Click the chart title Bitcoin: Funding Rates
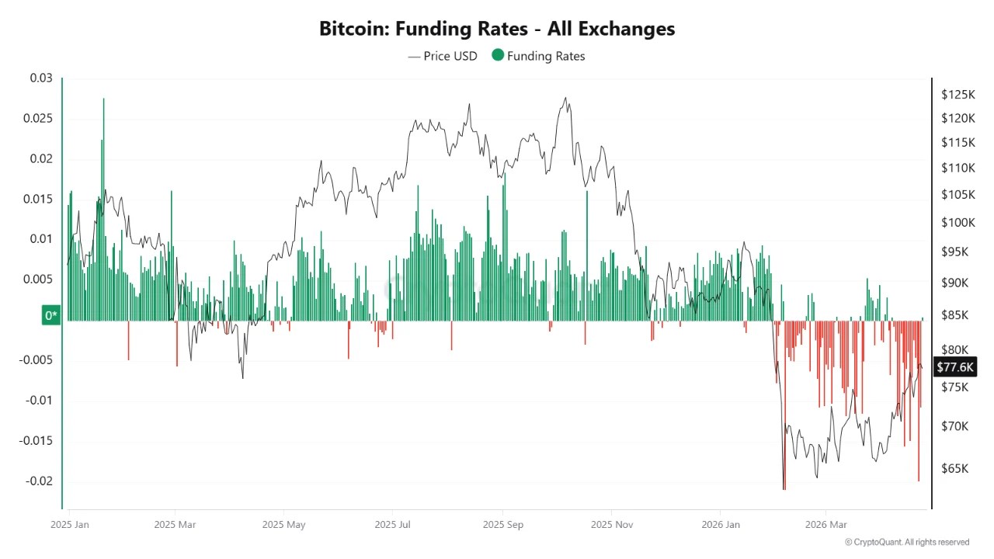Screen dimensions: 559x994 pyautogui.click(x=497, y=29)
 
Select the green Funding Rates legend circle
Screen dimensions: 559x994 pyautogui.click(x=498, y=56)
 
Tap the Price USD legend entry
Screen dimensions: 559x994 pyautogui.click(x=443, y=56)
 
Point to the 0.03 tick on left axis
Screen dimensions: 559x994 pyautogui.click(x=41, y=78)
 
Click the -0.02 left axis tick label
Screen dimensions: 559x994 pyautogui.click(x=39, y=481)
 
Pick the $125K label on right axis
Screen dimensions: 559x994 pyautogui.click(x=958, y=95)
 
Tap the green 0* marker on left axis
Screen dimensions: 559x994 pyautogui.click(x=51, y=315)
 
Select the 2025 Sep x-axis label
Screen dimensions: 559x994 pyautogui.click(x=503, y=525)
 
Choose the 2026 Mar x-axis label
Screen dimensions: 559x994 pyautogui.click(x=826, y=525)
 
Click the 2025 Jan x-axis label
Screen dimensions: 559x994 pyautogui.click(x=70, y=525)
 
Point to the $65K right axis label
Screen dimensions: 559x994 pyautogui.click(x=955, y=469)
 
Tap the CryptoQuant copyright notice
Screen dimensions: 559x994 pyautogui.click(x=906, y=542)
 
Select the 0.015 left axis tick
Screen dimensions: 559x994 pyautogui.click(x=39, y=199)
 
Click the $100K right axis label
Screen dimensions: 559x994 pyautogui.click(x=957, y=223)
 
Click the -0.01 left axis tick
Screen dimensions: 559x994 pyautogui.click(x=39, y=401)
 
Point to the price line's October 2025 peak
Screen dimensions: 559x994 pyautogui.click(x=566, y=98)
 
